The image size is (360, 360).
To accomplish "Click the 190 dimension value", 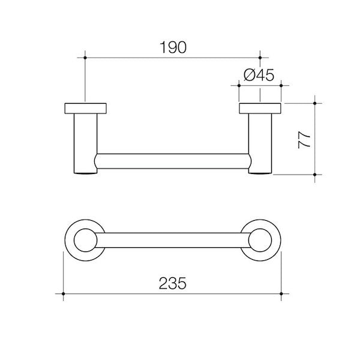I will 173,47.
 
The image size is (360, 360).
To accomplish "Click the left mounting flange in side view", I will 86,109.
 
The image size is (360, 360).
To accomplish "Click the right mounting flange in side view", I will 260,109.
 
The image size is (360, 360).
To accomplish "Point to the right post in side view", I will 260,144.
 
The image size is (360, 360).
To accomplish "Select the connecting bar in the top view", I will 173,236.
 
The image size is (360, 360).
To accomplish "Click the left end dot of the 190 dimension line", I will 86,58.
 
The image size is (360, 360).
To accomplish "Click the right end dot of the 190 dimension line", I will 260,58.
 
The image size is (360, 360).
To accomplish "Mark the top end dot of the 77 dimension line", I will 315,103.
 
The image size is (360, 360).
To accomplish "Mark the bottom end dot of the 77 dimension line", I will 315,174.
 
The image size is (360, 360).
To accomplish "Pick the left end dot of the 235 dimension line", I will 63,293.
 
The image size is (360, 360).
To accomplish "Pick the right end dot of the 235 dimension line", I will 282,293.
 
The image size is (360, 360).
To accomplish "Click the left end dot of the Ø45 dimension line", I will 239,86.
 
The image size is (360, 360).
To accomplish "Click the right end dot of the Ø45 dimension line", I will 281,86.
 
